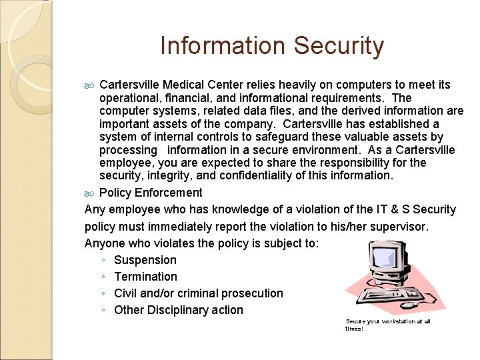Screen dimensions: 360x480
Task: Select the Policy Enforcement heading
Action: (151, 193)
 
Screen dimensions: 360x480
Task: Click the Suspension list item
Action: (145, 260)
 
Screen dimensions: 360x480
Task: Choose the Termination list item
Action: (145, 277)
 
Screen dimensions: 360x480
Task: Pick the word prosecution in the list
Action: (252, 293)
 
